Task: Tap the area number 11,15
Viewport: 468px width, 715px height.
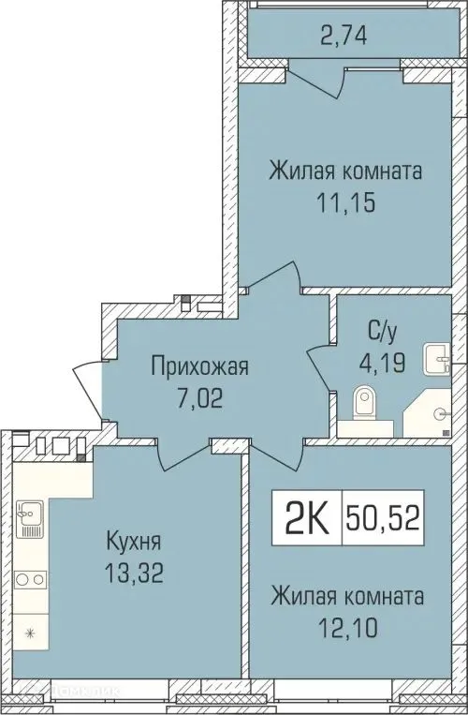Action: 345,202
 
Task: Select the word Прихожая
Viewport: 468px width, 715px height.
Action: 201,367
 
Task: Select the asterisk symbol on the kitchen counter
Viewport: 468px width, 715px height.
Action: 29,633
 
